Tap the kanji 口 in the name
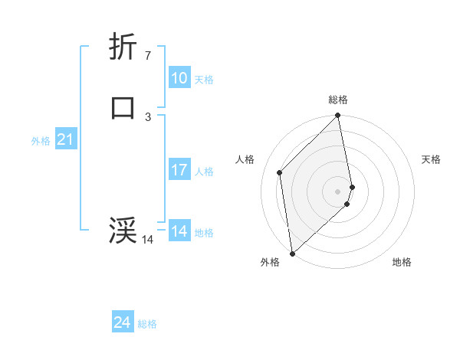123,107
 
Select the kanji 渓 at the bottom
123,230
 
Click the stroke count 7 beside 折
147,56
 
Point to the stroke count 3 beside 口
147,116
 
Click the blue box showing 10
179,78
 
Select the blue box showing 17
179,170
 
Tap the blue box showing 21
65,139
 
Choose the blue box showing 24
123,322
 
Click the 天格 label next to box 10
204,80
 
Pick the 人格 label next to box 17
204,172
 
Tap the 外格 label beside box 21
41,141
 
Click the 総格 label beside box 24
147,324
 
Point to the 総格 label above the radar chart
338,100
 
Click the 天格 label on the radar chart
431,159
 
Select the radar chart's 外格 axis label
270,262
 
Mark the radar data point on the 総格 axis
338,116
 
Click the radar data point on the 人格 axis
280,172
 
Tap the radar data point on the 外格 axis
292,253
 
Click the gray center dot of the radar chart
338,191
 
